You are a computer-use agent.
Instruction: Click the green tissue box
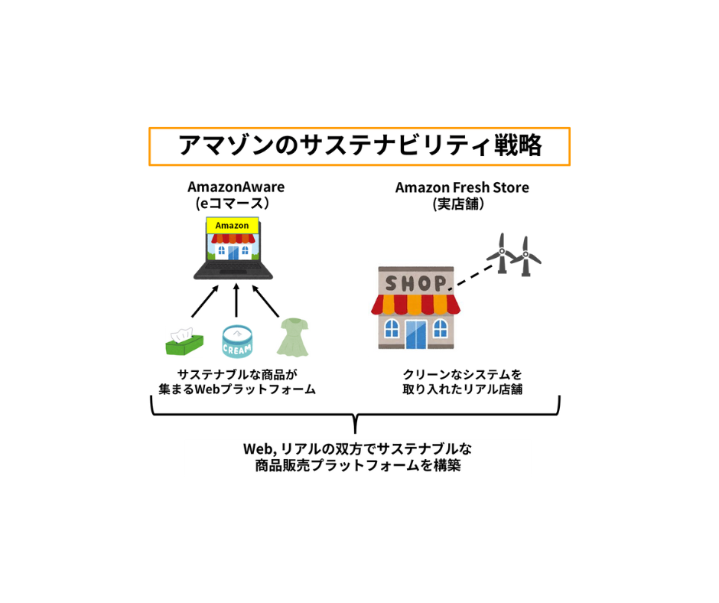[184, 342]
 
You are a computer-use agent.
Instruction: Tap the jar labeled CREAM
[237, 341]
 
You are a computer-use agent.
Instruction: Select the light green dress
[293, 337]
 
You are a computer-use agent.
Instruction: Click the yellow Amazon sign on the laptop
[232, 225]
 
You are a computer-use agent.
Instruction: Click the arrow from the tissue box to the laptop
[205, 301]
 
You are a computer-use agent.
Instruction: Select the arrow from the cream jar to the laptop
[236, 300]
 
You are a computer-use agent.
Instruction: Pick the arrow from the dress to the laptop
[265, 301]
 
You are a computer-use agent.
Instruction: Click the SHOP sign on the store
[415, 283]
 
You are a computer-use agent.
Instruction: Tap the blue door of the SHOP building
[416, 334]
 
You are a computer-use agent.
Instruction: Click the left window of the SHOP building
[392, 328]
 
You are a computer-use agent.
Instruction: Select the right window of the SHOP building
[441, 328]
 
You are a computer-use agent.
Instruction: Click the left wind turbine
[502, 253]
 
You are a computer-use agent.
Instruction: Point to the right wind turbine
[526, 256]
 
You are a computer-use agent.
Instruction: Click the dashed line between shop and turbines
[471, 277]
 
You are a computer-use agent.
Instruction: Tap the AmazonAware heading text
[236, 187]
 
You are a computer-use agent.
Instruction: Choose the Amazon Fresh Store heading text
[462, 187]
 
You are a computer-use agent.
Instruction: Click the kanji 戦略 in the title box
[518, 145]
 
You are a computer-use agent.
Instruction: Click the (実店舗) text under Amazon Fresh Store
[458, 204]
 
